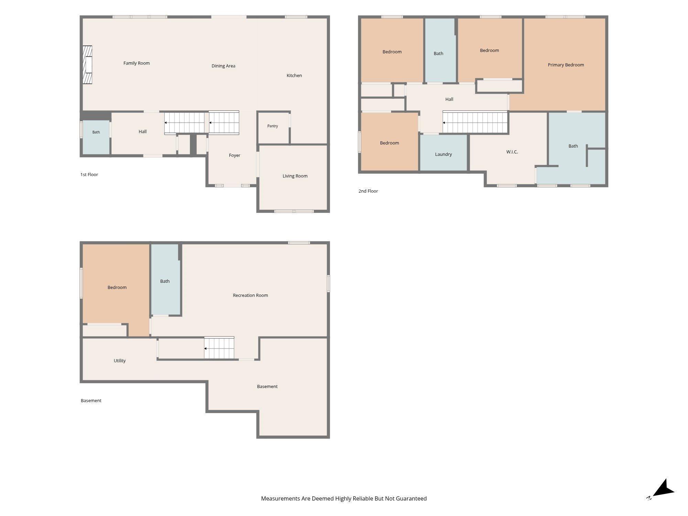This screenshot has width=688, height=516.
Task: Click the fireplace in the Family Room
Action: point(87,65)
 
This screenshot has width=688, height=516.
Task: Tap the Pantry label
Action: point(272,126)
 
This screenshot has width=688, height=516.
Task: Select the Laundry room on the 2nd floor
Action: point(443,152)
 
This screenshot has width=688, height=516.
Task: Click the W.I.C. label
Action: point(512,152)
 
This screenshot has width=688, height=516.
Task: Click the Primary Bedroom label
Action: point(566,65)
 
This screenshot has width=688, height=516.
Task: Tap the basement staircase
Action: point(219,348)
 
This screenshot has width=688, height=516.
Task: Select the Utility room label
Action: point(120,361)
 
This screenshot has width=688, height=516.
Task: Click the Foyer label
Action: point(235,155)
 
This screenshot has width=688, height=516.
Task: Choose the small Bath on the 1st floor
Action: point(96,137)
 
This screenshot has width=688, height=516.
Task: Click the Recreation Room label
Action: point(250,295)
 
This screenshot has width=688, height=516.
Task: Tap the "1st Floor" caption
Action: point(89,174)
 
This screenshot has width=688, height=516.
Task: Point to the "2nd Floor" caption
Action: point(368,191)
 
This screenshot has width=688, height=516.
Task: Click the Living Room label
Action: point(295,176)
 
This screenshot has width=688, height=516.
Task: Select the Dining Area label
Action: point(223,66)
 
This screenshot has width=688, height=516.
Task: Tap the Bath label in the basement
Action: point(165,281)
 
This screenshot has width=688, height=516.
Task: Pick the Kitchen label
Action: point(294,75)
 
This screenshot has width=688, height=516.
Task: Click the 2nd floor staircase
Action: point(475,122)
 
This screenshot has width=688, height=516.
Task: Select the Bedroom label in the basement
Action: point(117,287)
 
